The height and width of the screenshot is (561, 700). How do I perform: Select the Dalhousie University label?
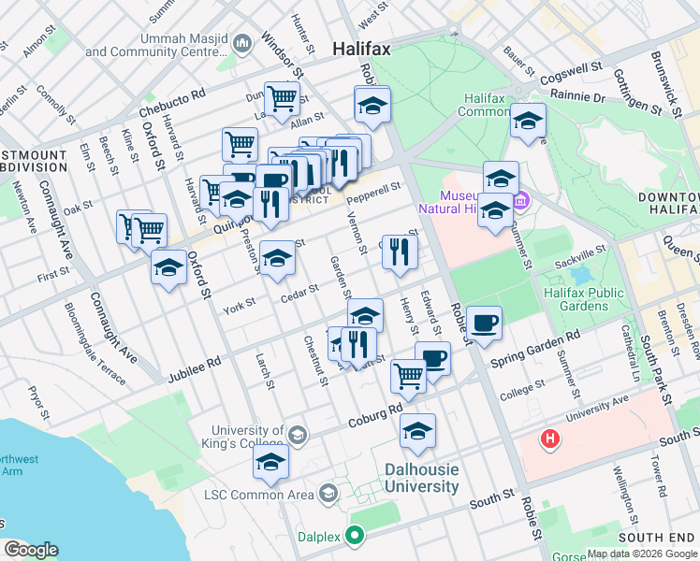tap(421, 478)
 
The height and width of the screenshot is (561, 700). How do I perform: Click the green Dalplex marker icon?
tap(354, 536)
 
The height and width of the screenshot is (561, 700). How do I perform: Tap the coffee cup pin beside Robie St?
tap(484, 324)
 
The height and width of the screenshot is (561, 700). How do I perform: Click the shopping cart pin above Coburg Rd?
tap(408, 376)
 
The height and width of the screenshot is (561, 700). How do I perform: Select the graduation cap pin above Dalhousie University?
tap(417, 432)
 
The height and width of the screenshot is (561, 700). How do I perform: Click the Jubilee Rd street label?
tap(194, 367)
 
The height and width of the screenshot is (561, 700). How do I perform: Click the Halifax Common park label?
tap(487, 104)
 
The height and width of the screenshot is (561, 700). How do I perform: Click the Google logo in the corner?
tap(31, 550)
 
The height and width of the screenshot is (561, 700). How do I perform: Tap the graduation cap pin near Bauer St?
tap(528, 122)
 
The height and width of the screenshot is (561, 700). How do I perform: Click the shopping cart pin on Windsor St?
tap(281, 97)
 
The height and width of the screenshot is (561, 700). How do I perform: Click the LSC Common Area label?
tap(264, 493)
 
